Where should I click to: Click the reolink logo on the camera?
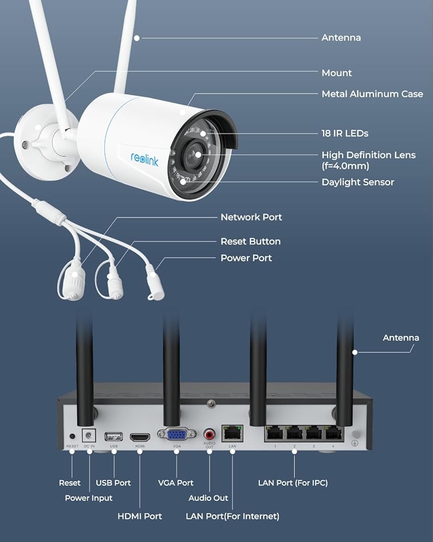pos(145,159)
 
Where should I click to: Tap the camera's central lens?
pos(194,155)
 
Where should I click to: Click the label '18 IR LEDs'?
pos(345,133)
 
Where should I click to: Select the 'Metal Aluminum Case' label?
pos(372,94)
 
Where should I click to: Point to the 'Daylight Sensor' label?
pos(358,182)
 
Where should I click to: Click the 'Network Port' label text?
pos(251,217)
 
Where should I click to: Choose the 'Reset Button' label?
pos(251,241)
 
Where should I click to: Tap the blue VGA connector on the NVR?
pos(177,434)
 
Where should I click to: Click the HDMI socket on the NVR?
pos(140,437)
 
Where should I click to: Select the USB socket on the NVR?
pos(114,436)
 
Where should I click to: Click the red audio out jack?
pos(209,434)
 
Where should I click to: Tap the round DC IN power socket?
pos(89,435)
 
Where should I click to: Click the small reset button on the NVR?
pos(72,436)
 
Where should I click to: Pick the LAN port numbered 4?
pos(333,434)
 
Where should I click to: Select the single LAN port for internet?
pos(232,434)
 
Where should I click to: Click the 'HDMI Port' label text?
pos(140,517)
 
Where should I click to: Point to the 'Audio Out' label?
pos(208,498)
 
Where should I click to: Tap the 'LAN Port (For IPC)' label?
pos(293,483)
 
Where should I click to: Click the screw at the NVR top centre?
pos(211,403)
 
